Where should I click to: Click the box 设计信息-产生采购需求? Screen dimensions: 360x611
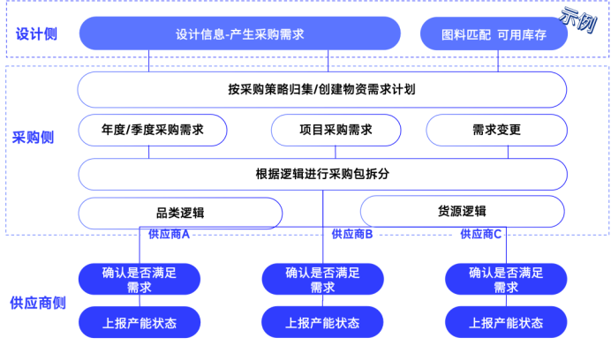pos(239,34)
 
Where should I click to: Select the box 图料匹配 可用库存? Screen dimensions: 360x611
pos(494,34)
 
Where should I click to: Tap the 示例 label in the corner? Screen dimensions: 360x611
pos(577,19)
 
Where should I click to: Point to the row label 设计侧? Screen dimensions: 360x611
pos(36,34)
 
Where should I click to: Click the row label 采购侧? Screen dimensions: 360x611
pos(33,138)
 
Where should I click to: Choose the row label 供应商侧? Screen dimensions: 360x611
pos(38,303)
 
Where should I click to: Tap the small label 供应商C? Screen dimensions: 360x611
pos(482,235)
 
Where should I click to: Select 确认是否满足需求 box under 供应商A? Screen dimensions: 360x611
pos(140,280)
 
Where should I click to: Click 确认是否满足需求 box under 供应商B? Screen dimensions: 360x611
pos(322,280)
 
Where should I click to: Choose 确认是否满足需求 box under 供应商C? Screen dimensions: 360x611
pos(506,280)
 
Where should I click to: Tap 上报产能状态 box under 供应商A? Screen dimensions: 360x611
pos(140,323)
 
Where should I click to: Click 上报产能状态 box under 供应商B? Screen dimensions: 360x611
pos(322,323)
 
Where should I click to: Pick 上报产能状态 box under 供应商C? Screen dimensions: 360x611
pos(506,323)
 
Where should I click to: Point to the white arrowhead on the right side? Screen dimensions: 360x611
pos(570,212)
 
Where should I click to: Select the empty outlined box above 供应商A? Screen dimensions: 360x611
pos(180,213)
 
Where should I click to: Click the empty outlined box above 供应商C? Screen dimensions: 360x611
pos(462,212)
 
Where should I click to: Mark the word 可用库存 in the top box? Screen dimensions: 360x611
pos(522,34)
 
